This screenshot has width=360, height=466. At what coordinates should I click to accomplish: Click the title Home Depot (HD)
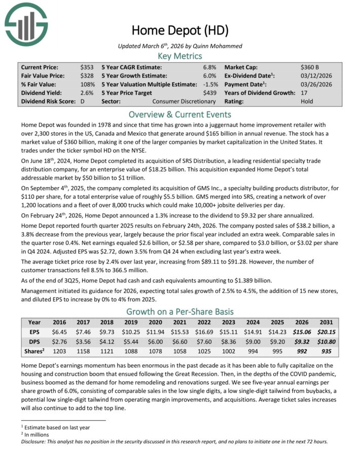click(x=180, y=30)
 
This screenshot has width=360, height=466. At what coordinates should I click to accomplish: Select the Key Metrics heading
click(x=180, y=56)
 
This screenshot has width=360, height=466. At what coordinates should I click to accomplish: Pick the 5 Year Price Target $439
click(x=209, y=93)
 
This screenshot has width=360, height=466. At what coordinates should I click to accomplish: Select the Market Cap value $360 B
click(x=309, y=67)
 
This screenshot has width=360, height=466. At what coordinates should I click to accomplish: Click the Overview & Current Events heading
click(x=180, y=114)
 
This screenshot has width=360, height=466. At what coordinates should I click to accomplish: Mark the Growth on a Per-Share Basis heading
click(x=180, y=311)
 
